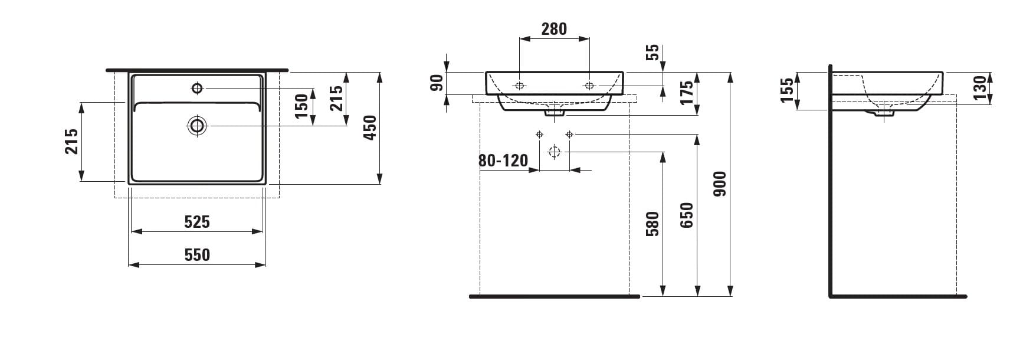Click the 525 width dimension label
(197, 222)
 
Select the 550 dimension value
(197, 255)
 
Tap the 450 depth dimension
(369, 127)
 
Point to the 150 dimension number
(302, 106)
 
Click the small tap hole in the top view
(197, 89)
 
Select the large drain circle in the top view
(197, 125)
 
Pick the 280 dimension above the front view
(554, 29)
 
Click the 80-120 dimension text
(504, 161)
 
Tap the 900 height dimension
(720, 184)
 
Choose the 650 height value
(687, 215)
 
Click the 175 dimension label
(687, 93)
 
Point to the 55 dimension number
(653, 53)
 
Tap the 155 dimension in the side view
(787, 91)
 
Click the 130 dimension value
(980, 87)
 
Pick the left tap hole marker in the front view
(539, 135)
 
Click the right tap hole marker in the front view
(569, 135)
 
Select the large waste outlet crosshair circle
(553, 152)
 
